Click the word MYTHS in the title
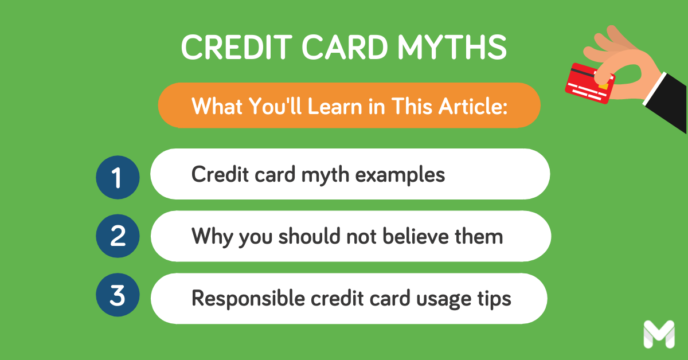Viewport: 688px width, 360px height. tap(452, 46)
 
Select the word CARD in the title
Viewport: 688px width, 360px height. tap(345, 46)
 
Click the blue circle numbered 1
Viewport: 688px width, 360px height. tap(118, 177)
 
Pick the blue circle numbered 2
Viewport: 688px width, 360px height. tap(118, 236)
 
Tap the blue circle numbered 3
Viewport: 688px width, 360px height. tap(118, 295)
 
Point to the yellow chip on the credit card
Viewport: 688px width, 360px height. tap(603, 85)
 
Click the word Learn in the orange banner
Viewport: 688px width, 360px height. tap(335, 106)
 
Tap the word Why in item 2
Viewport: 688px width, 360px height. tap(212, 237)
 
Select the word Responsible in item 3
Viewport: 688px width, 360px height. tap(248, 298)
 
